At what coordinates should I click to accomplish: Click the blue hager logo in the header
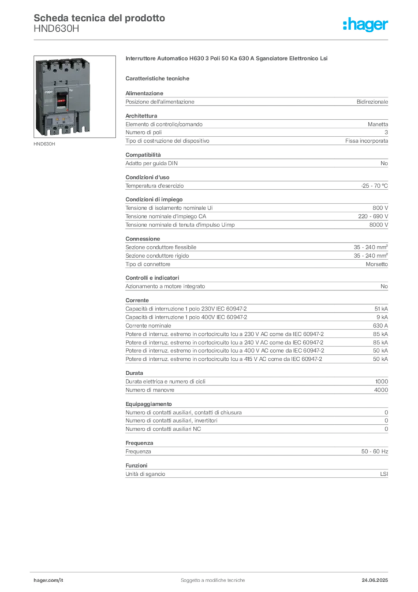point(367,25)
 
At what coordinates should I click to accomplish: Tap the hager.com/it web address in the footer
point(48,579)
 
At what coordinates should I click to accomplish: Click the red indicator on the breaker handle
point(59,98)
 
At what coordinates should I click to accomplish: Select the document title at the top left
point(99,18)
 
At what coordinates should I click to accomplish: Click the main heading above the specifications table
point(228,60)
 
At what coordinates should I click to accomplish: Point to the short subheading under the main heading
point(159,78)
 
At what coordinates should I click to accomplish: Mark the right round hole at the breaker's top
point(73,64)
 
